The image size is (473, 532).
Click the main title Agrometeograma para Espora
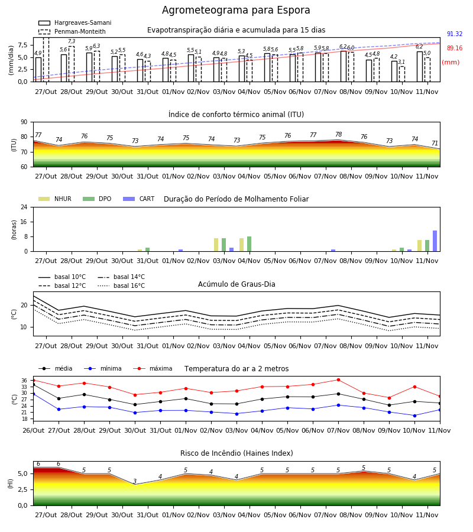tap(236, 10)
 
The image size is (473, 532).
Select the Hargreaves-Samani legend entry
tap(75, 22)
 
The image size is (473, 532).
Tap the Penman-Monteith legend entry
tap(72, 31)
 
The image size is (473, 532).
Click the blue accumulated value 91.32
tap(455, 34)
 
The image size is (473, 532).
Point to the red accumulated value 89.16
tap(455, 48)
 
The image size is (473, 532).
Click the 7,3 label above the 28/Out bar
tap(72, 41)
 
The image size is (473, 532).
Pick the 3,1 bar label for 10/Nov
tap(401, 61)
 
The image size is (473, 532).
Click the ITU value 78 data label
tap(338, 134)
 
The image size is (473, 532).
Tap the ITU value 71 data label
tap(435, 143)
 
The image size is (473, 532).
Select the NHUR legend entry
tap(55, 199)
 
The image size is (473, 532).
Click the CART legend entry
tap(139, 199)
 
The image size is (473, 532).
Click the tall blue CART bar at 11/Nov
tap(435, 241)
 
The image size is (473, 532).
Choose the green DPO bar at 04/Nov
tap(249, 244)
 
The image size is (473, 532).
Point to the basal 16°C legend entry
tap(121, 286)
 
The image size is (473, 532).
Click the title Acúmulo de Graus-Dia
tap(237, 284)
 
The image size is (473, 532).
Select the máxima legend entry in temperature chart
tap(153, 368)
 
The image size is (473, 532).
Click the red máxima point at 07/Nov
tap(338, 379)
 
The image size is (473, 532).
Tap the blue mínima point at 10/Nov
tap(414, 416)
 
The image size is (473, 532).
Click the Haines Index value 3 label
tap(135, 481)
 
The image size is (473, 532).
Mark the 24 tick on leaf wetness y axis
tap(24, 207)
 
